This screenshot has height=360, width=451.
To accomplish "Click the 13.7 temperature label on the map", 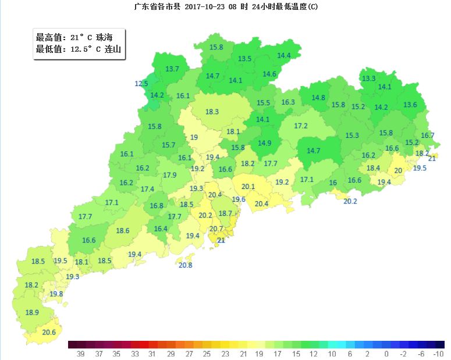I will click(172, 69).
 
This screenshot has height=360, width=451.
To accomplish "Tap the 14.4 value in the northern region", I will click(284, 56).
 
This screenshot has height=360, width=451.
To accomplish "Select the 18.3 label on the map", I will click(212, 112).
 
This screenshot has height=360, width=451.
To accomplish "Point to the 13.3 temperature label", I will click(368, 79).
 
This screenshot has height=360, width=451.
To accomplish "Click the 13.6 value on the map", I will click(410, 105).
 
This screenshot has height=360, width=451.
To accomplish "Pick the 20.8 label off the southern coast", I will click(185, 265).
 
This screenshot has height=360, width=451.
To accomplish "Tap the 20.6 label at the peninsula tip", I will click(49, 333).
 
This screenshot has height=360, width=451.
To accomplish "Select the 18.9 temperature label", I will click(32, 313).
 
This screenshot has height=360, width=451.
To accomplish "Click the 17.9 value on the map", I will click(170, 175).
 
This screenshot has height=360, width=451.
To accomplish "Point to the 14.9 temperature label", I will click(265, 143).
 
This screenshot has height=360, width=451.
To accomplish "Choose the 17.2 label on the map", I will click(300, 126).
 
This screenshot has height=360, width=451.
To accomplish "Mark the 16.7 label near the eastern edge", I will click(428, 136).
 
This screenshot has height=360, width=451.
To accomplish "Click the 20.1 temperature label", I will click(248, 186).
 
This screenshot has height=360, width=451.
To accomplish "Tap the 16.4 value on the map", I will click(161, 229).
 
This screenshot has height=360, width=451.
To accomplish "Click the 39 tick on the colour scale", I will click(73, 353).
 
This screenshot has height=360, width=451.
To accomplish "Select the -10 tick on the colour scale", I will click(439, 353).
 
